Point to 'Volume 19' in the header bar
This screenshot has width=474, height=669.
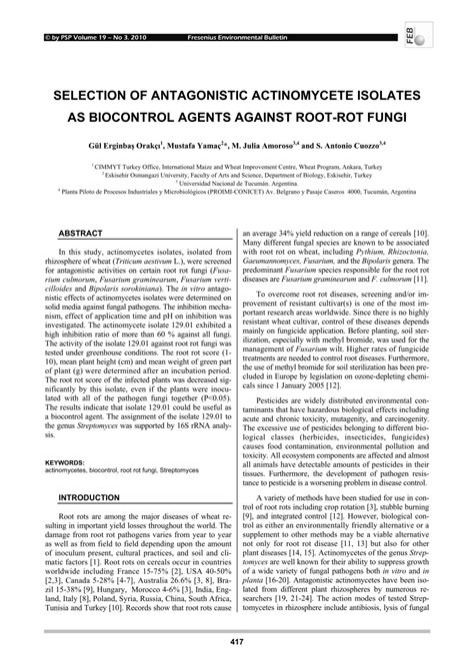[x=76, y=9]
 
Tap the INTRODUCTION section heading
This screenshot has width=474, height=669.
[x=88, y=496]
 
